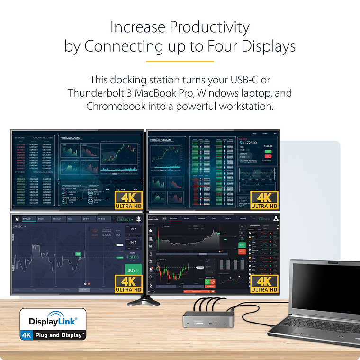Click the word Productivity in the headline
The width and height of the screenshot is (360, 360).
[209, 27]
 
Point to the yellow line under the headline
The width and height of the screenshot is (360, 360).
[180, 61]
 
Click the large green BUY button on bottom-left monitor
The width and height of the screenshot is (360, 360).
[133, 270]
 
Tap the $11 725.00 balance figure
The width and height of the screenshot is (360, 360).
[254, 142]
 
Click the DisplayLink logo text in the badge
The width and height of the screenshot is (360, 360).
[53, 322]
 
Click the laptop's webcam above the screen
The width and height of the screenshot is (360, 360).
[330, 261]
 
